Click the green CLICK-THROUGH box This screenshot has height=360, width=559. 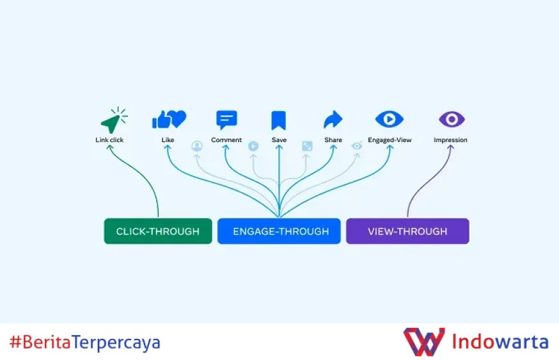[x=157, y=231]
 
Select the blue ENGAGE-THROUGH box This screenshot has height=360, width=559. [x=279, y=231]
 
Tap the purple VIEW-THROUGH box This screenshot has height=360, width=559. [x=407, y=231]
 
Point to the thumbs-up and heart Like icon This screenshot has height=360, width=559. [x=168, y=120]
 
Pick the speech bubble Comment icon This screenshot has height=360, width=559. [x=226, y=120]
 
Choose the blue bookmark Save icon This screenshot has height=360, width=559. [x=278, y=120]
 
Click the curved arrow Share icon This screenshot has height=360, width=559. [x=333, y=120]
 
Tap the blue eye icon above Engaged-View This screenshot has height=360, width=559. [x=389, y=120]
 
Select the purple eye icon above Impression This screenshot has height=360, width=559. [x=451, y=120]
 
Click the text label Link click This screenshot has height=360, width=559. [x=109, y=139]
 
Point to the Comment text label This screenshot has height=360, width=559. [x=226, y=139]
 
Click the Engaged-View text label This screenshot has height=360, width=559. [x=389, y=139]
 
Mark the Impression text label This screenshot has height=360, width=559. [x=450, y=139]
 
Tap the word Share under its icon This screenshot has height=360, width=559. [x=333, y=139]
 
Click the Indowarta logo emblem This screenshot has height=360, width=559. [x=423, y=342]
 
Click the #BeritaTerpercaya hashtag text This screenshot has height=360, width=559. [x=85, y=342]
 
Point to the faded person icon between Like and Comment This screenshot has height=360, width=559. [x=197, y=146]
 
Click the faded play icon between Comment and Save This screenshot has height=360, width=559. [x=253, y=146]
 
